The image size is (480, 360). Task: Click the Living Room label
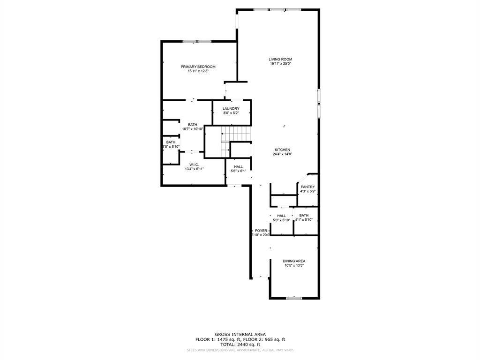point(280,60)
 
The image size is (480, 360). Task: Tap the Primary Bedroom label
point(198,67)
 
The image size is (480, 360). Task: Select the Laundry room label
point(231,109)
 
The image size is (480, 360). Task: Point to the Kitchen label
point(282,150)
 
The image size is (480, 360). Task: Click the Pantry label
point(308,187)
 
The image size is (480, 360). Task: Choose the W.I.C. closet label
point(194,165)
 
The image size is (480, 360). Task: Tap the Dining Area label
point(294,261)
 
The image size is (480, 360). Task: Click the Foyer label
point(261,231)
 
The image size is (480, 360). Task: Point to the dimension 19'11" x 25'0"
point(280,64)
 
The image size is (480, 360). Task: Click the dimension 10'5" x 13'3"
point(294,266)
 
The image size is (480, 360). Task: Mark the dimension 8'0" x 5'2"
point(231,113)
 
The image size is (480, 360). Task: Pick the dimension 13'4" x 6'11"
point(194,169)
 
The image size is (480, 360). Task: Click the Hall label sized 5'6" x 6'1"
point(239,167)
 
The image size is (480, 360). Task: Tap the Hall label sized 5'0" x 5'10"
point(281,216)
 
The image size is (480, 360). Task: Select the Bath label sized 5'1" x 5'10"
point(304,216)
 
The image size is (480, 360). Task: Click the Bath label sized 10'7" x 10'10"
point(192,125)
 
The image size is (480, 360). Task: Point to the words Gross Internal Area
point(240,334)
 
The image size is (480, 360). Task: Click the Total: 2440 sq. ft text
point(240,345)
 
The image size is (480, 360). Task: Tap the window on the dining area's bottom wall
point(294,298)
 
